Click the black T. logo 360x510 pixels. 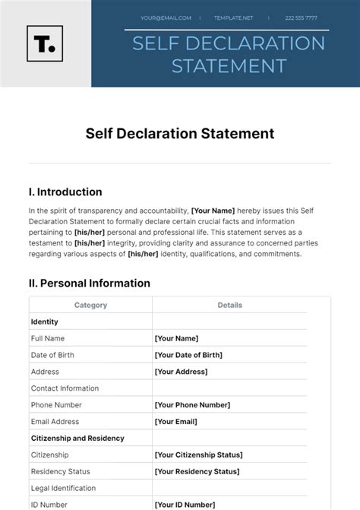(45, 43)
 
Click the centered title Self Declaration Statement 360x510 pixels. (180, 134)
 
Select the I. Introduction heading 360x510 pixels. (65, 192)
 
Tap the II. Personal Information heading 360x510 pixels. (90, 284)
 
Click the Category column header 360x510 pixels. (90, 305)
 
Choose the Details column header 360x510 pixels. (229, 305)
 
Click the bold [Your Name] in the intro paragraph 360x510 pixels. (213, 211)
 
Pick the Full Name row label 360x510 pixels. (48, 338)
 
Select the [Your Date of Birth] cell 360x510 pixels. (188, 355)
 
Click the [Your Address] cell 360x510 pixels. (181, 372)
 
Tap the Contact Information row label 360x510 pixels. (65, 388)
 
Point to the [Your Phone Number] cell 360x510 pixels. (192, 405)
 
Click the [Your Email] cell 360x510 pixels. (177, 422)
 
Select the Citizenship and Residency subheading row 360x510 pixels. (77, 439)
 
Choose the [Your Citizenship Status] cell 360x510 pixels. (198, 455)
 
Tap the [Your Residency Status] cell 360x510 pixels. (197, 472)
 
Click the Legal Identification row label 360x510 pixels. (63, 489)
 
